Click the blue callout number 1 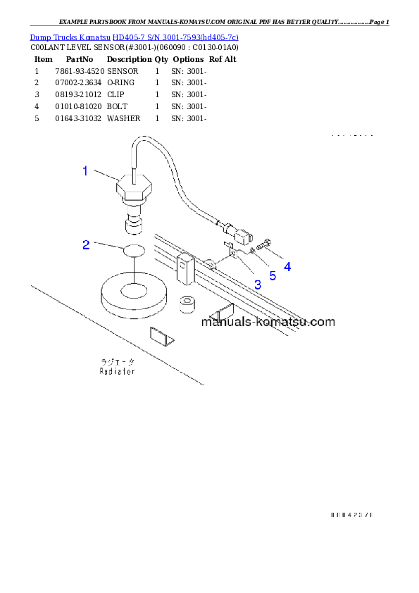(85, 170)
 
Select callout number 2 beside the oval (86, 244)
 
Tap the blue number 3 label (257, 285)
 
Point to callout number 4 (287, 267)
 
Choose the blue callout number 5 (273, 275)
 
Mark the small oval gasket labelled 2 (135, 249)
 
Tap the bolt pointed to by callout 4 (264, 246)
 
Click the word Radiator (117, 370)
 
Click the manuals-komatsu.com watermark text (268, 323)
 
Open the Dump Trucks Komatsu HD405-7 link (134, 37)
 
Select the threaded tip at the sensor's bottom (132, 226)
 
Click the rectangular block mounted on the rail (185, 263)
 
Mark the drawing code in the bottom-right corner (350, 515)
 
